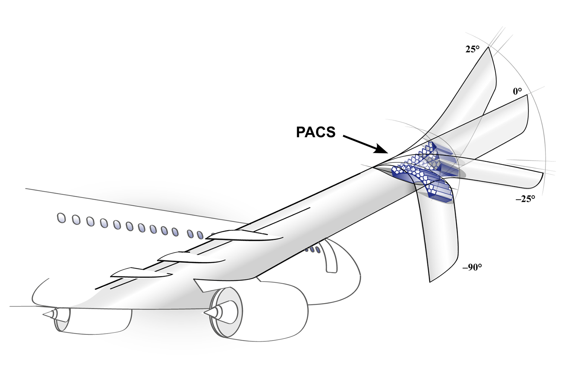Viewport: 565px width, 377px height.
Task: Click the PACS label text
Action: click(316, 132)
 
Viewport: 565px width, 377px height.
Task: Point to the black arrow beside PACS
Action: click(365, 144)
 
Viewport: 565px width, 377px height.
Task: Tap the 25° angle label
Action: click(472, 49)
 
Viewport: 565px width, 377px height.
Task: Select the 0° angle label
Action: click(517, 91)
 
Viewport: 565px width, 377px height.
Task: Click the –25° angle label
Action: click(525, 199)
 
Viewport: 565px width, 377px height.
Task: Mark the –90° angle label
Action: click(472, 267)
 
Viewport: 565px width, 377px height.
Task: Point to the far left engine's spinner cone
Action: click(50, 314)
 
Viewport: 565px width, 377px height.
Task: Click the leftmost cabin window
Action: click(61, 218)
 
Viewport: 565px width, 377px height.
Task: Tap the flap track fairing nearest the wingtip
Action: click(245, 235)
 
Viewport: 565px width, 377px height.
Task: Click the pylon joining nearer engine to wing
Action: click(202, 285)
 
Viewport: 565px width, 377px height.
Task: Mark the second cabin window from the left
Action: click(76, 220)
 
